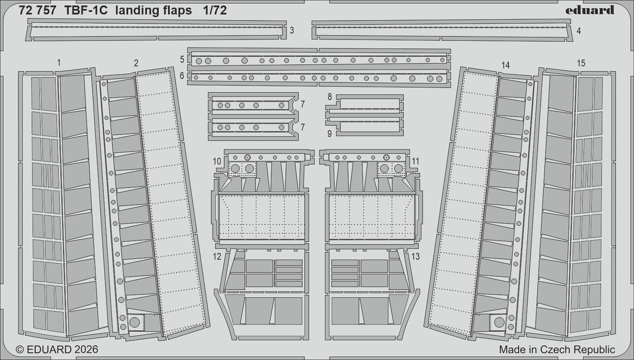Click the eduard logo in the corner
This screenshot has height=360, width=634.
click(590, 10)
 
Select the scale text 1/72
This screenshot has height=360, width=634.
click(215, 11)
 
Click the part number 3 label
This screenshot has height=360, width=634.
click(292, 31)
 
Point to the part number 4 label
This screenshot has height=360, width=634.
click(579, 31)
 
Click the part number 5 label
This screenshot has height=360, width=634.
click(182, 59)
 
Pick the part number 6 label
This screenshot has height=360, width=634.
click(182, 75)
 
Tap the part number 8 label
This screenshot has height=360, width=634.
click(329, 97)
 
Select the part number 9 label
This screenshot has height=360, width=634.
click(329, 134)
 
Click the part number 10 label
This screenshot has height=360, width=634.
click(217, 161)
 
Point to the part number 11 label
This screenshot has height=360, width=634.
click(415, 161)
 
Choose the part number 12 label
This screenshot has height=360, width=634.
click(217, 257)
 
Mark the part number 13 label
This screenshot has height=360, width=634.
click(415, 257)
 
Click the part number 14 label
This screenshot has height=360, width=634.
click(505, 65)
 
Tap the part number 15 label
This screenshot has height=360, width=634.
click(581, 63)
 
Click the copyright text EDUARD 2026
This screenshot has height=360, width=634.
click(57, 349)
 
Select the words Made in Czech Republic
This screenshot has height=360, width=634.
click(557, 349)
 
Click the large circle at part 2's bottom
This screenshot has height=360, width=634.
click(134, 322)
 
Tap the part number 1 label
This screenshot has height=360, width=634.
click(59, 63)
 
